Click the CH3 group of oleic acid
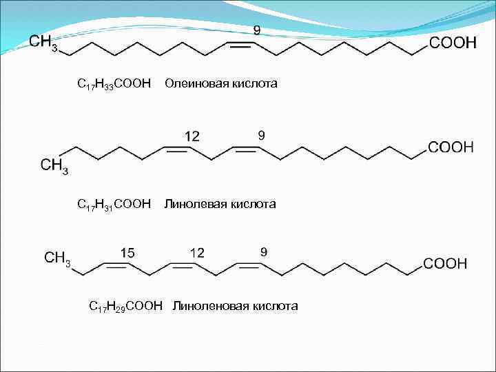pos(43,42)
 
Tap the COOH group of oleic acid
pos(453,43)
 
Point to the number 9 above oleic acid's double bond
pos(256,31)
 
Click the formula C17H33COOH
pos(114,84)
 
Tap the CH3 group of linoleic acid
pos(54,165)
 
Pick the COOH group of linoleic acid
pos(451,147)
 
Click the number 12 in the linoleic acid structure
pos(192,136)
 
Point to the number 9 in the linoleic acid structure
pos(261,136)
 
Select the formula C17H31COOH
pos(114,204)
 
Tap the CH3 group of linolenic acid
pos(57,258)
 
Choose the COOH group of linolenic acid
pos(445,263)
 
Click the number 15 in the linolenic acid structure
pos(127,252)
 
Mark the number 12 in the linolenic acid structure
pos(197,252)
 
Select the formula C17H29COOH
pos(126,306)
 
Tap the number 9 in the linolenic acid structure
pos(263,251)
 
